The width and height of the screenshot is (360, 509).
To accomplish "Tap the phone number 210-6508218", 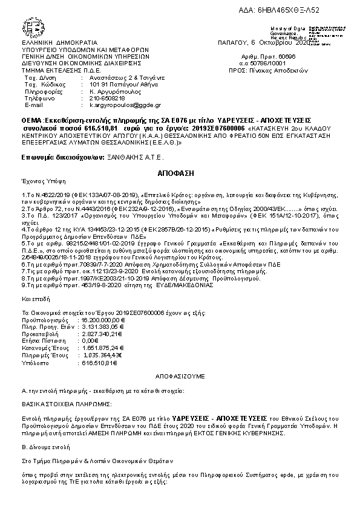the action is pos(107,98).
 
